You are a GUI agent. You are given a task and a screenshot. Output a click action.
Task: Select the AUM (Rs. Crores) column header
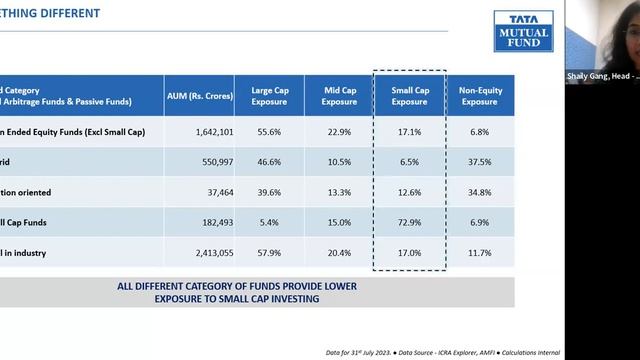pyautogui.click(x=199, y=96)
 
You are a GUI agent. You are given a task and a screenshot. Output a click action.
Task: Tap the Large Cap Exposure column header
pyautogui.click(x=269, y=96)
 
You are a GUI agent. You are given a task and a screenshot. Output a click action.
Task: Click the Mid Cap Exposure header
pyautogui.click(x=340, y=96)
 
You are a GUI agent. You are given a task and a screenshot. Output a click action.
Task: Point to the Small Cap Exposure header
pyautogui.click(x=409, y=96)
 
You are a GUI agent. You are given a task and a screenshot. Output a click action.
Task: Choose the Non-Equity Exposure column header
pyautogui.click(x=480, y=96)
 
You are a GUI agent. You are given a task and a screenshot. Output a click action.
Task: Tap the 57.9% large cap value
pyautogui.click(x=269, y=253)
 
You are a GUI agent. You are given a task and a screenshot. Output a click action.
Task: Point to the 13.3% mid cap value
pyautogui.click(x=340, y=191)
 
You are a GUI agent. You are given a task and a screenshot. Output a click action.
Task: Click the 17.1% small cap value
pyautogui.click(x=409, y=132)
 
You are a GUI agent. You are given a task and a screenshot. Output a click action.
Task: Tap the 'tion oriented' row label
pyautogui.click(x=25, y=191)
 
